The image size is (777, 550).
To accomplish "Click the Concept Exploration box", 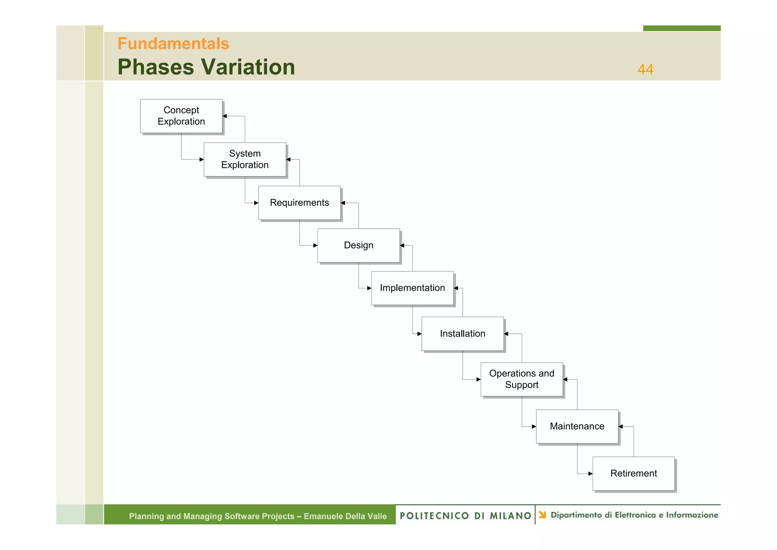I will click(x=181, y=116).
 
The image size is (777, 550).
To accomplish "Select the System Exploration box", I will click(x=245, y=159).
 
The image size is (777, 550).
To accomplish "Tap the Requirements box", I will click(x=299, y=202).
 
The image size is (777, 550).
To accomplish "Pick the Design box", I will click(x=359, y=245).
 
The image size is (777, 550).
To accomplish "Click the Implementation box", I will click(x=412, y=288).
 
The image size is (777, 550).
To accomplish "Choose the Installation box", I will click(x=462, y=333).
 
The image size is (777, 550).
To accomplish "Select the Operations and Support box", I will click(x=522, y=379).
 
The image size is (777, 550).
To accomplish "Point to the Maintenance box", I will click(x=577, y=426).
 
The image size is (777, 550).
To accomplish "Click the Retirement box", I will click(x=634, y=473).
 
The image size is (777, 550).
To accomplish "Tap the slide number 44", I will click(x=645, y=69).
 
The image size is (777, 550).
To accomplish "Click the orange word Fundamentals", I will click(x=173, y=44).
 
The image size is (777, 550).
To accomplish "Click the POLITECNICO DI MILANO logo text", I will click(x=465, y=515).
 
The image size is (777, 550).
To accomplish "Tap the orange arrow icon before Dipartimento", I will click(x=543, y=515).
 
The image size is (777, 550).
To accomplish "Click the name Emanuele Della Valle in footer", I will click(x=345, y=516).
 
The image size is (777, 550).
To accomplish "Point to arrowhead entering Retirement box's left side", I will click(x=590, y=474).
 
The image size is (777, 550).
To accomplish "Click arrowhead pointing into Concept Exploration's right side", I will click(x=225, y=116).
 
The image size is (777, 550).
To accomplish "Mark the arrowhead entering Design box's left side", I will click(x=315, y=245).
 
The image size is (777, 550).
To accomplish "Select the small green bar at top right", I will click(x=681, y=28).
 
